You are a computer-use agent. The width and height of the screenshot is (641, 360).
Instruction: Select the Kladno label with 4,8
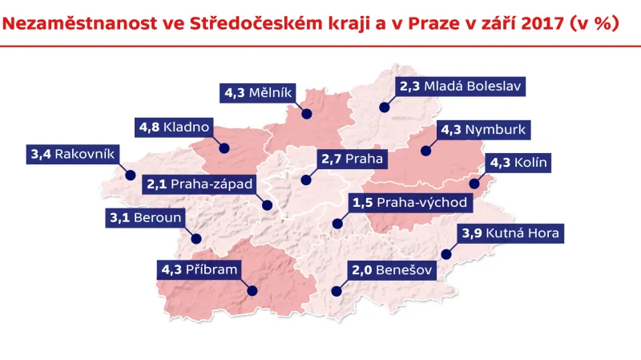click(174, 127)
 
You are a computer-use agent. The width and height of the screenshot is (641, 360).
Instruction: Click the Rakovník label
click(73, 152)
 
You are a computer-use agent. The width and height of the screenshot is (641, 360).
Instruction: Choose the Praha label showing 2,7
click(352, 159)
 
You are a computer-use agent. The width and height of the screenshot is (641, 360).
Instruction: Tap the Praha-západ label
click(200, 184)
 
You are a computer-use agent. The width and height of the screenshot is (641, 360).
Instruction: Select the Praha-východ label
click(409, 202)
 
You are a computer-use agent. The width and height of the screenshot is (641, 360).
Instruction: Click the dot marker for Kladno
click(225, 148)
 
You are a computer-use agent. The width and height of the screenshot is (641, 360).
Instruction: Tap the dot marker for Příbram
click(252, 291)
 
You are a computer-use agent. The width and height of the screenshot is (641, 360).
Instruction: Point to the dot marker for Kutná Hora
click(446, 256)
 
